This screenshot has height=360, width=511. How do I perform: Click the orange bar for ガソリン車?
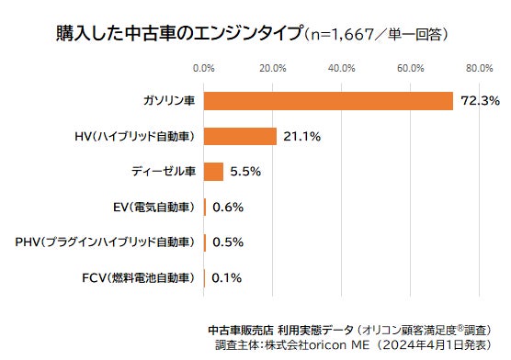point(328,101)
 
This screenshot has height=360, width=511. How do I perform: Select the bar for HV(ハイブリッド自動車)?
point(240,136)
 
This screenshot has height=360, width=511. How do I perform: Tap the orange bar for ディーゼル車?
point(213,171)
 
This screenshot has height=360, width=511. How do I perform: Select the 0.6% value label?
point(227,207)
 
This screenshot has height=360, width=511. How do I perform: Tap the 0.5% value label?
point(227,242)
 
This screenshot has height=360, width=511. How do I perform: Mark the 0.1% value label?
point(226,276)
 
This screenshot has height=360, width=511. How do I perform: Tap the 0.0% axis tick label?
point(203,68)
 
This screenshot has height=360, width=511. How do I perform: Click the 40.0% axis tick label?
point(341,68)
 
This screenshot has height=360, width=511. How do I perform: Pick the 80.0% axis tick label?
point(479,68)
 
